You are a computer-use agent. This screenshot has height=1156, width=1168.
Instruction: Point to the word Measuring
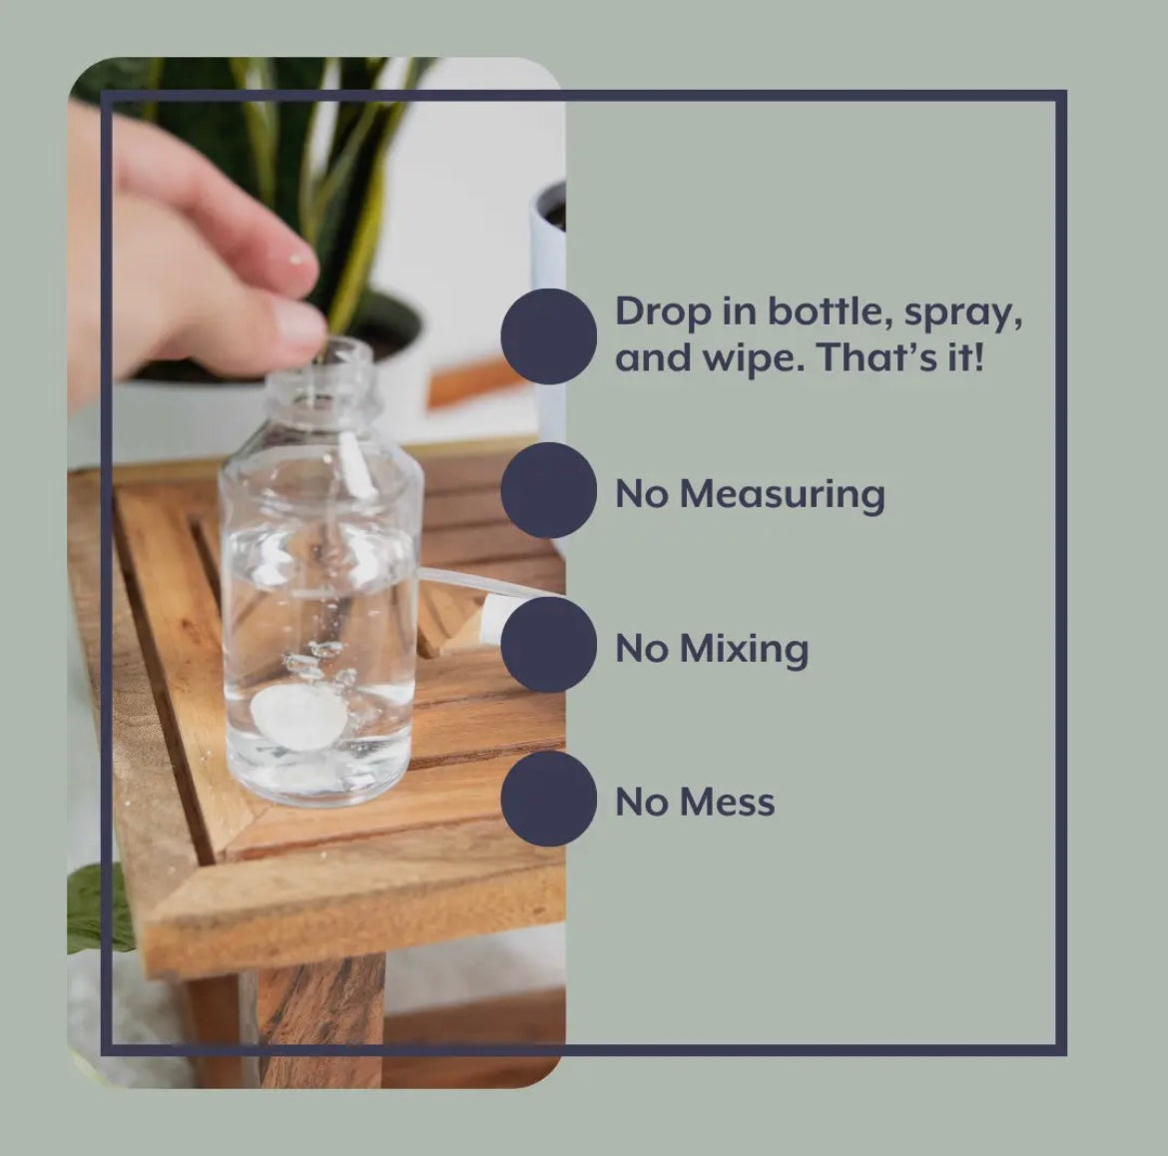coord(783,494)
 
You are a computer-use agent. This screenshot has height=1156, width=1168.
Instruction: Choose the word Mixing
coord(744,650)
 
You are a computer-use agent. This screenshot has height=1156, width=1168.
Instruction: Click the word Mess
coord(728,803)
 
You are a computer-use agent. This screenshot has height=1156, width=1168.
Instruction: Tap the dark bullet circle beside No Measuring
coord(549,490)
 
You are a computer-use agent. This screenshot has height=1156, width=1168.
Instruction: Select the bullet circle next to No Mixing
coord(549,644)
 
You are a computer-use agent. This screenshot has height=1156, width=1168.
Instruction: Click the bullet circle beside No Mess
coord(549,799)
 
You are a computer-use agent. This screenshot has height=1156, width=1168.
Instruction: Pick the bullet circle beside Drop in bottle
coord(549,336)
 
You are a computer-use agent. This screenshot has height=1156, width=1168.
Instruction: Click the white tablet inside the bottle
coord(298,718)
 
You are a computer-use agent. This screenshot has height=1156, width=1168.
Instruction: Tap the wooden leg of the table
coord(321,1020)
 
